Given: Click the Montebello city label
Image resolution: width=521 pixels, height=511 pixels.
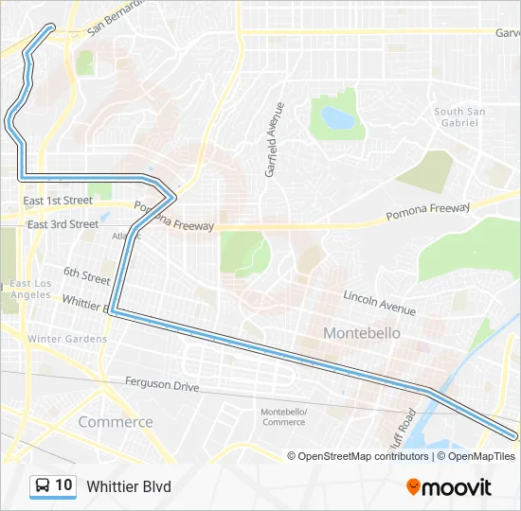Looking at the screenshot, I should click(362, 333).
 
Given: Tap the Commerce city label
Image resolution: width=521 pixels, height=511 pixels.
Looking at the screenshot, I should click(116, 422).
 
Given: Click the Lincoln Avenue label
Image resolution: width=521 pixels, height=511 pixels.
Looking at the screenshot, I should click(379, 303).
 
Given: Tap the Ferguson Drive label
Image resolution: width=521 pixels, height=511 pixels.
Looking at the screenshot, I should click(162, 385).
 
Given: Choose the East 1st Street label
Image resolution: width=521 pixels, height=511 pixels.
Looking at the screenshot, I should click(58, 201).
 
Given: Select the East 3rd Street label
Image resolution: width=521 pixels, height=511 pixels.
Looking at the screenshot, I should click(63, 224).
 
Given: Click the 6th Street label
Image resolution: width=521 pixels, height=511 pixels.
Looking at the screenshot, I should click(87, 275).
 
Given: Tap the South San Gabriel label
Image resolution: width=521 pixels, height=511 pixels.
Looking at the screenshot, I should click(461, 117).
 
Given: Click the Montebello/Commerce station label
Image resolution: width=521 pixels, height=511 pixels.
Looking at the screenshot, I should click(283, 416).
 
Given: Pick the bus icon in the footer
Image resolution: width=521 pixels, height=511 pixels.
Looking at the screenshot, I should click(43, 486).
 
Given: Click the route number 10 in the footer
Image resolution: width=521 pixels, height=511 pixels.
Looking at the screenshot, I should click(63, 485).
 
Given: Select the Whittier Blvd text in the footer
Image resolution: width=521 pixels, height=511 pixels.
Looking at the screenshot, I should click(129, 486).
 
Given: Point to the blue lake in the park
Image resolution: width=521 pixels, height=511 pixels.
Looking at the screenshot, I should click(336, 118).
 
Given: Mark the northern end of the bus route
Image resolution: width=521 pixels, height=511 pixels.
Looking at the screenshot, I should click(50, 27).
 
